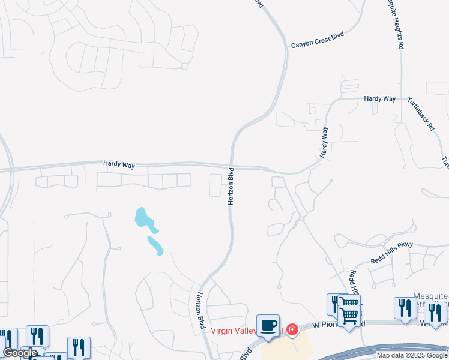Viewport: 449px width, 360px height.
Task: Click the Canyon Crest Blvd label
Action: coord(318,40)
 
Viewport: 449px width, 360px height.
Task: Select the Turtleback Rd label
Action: coord(420,114)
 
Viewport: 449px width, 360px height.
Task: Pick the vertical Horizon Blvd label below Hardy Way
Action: coord(231,187)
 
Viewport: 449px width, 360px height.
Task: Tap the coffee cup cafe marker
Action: coord(268,326)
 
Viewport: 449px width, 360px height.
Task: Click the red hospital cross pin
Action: coord(292,329)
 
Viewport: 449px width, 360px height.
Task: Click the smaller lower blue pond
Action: coord(155,245)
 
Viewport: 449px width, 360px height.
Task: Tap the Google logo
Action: coord(20,353)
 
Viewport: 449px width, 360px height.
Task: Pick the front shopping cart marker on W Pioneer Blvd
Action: coord(349,315)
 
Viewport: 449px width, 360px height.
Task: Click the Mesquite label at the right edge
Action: coord(431,296)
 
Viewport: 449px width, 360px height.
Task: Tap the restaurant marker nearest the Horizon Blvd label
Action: coord(79,347)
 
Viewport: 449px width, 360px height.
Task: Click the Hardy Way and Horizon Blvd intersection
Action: coord(231,164)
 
